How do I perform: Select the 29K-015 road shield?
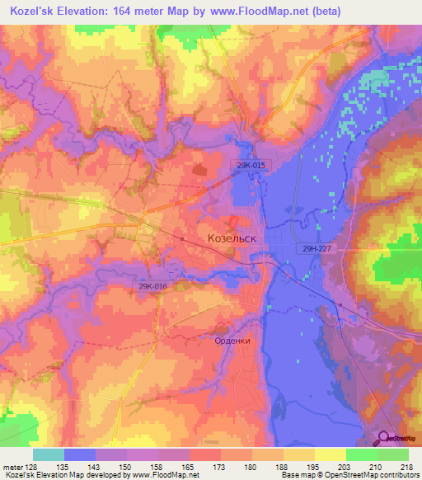click(248, 166)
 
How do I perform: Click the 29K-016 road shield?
click(153, 286)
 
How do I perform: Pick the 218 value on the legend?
click(406, 467)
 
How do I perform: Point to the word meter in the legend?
click(12, 467)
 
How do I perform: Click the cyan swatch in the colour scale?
click(49, 454)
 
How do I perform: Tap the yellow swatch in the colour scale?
click(330, 454)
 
